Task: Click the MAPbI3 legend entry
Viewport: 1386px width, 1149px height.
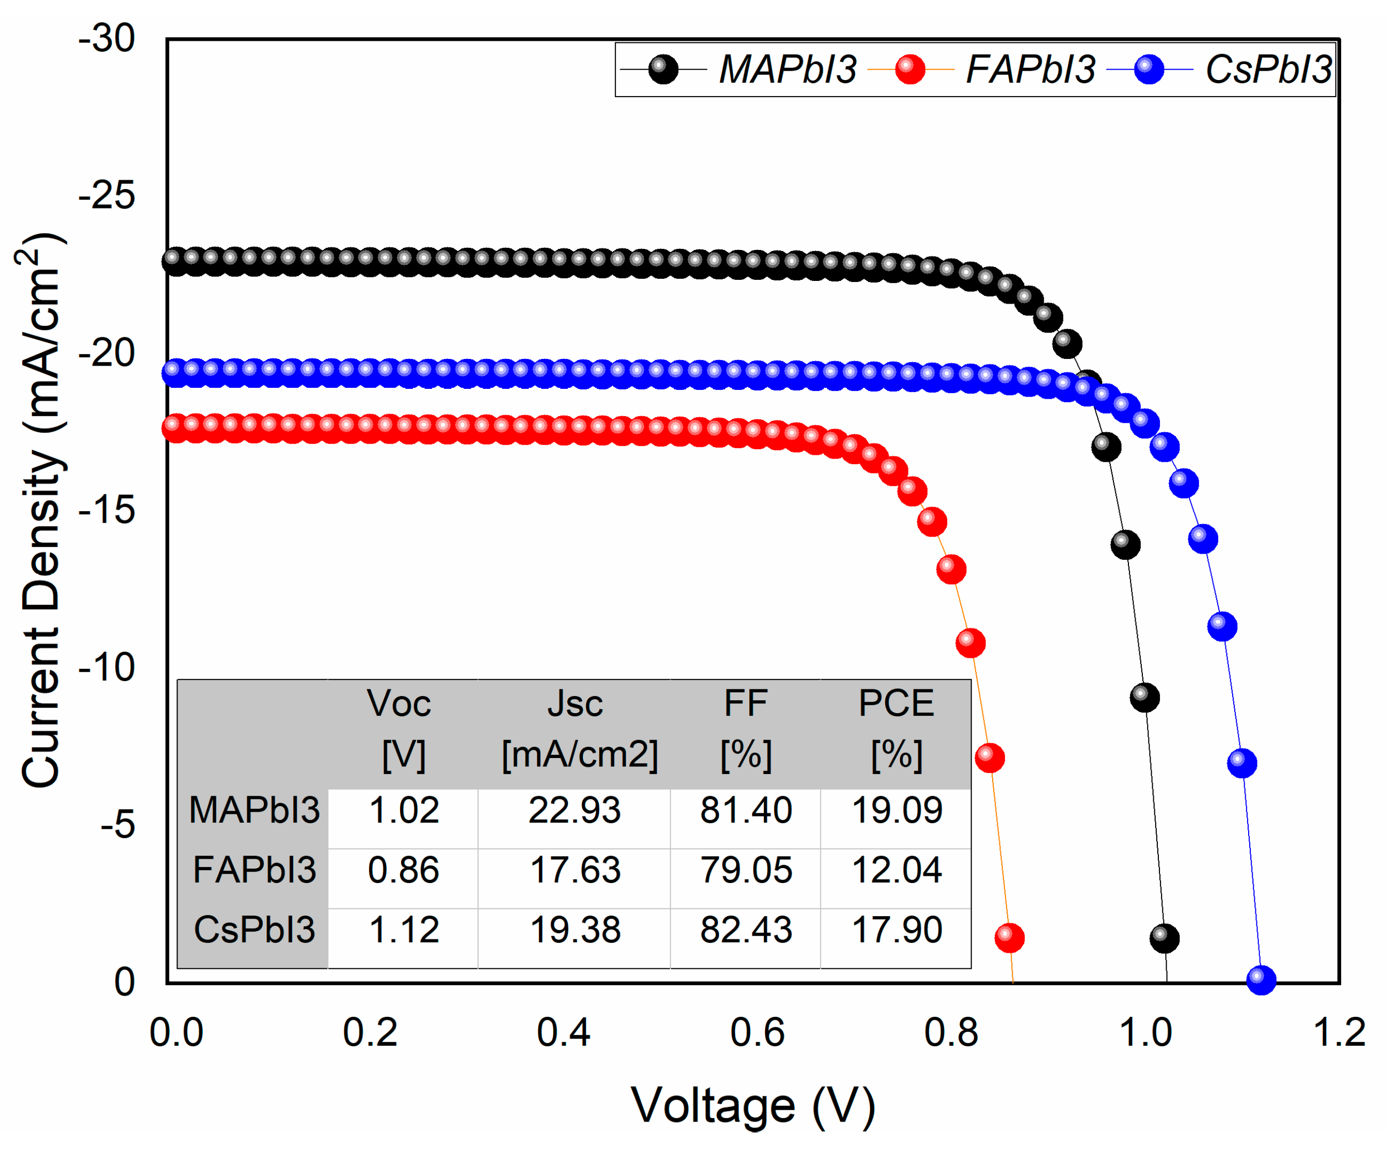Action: click(x=787, y=69)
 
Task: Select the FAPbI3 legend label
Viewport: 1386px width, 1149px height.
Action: click(x=1030, y=69)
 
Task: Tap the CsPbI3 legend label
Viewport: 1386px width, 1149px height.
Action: click(x=1268, y=69)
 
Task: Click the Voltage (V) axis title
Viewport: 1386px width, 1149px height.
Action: click(x=753, y=1106)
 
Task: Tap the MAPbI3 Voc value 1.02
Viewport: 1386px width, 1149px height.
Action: click(x=403, y=810)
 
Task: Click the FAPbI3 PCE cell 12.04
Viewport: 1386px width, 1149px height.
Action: click(x=896, y=870)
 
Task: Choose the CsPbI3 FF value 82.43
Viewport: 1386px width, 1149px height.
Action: click(x=746, y=930)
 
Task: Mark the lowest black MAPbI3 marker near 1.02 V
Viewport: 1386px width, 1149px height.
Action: click(x=1164, y=938)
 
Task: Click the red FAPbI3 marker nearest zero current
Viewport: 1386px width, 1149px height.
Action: click(x=1009, y=938)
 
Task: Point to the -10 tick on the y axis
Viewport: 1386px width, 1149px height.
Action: click(x=107, y=667)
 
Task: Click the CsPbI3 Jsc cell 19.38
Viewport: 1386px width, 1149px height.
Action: click(x=576, y=930)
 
